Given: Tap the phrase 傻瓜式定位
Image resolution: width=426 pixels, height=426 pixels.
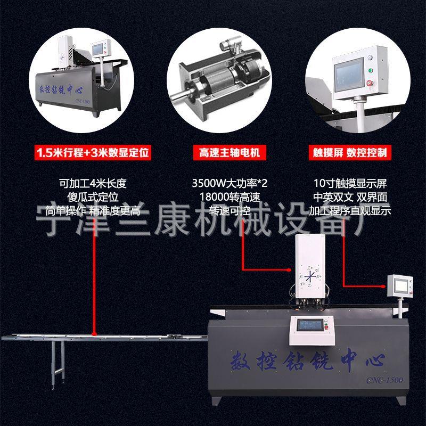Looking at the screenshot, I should [x=93, y=196].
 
